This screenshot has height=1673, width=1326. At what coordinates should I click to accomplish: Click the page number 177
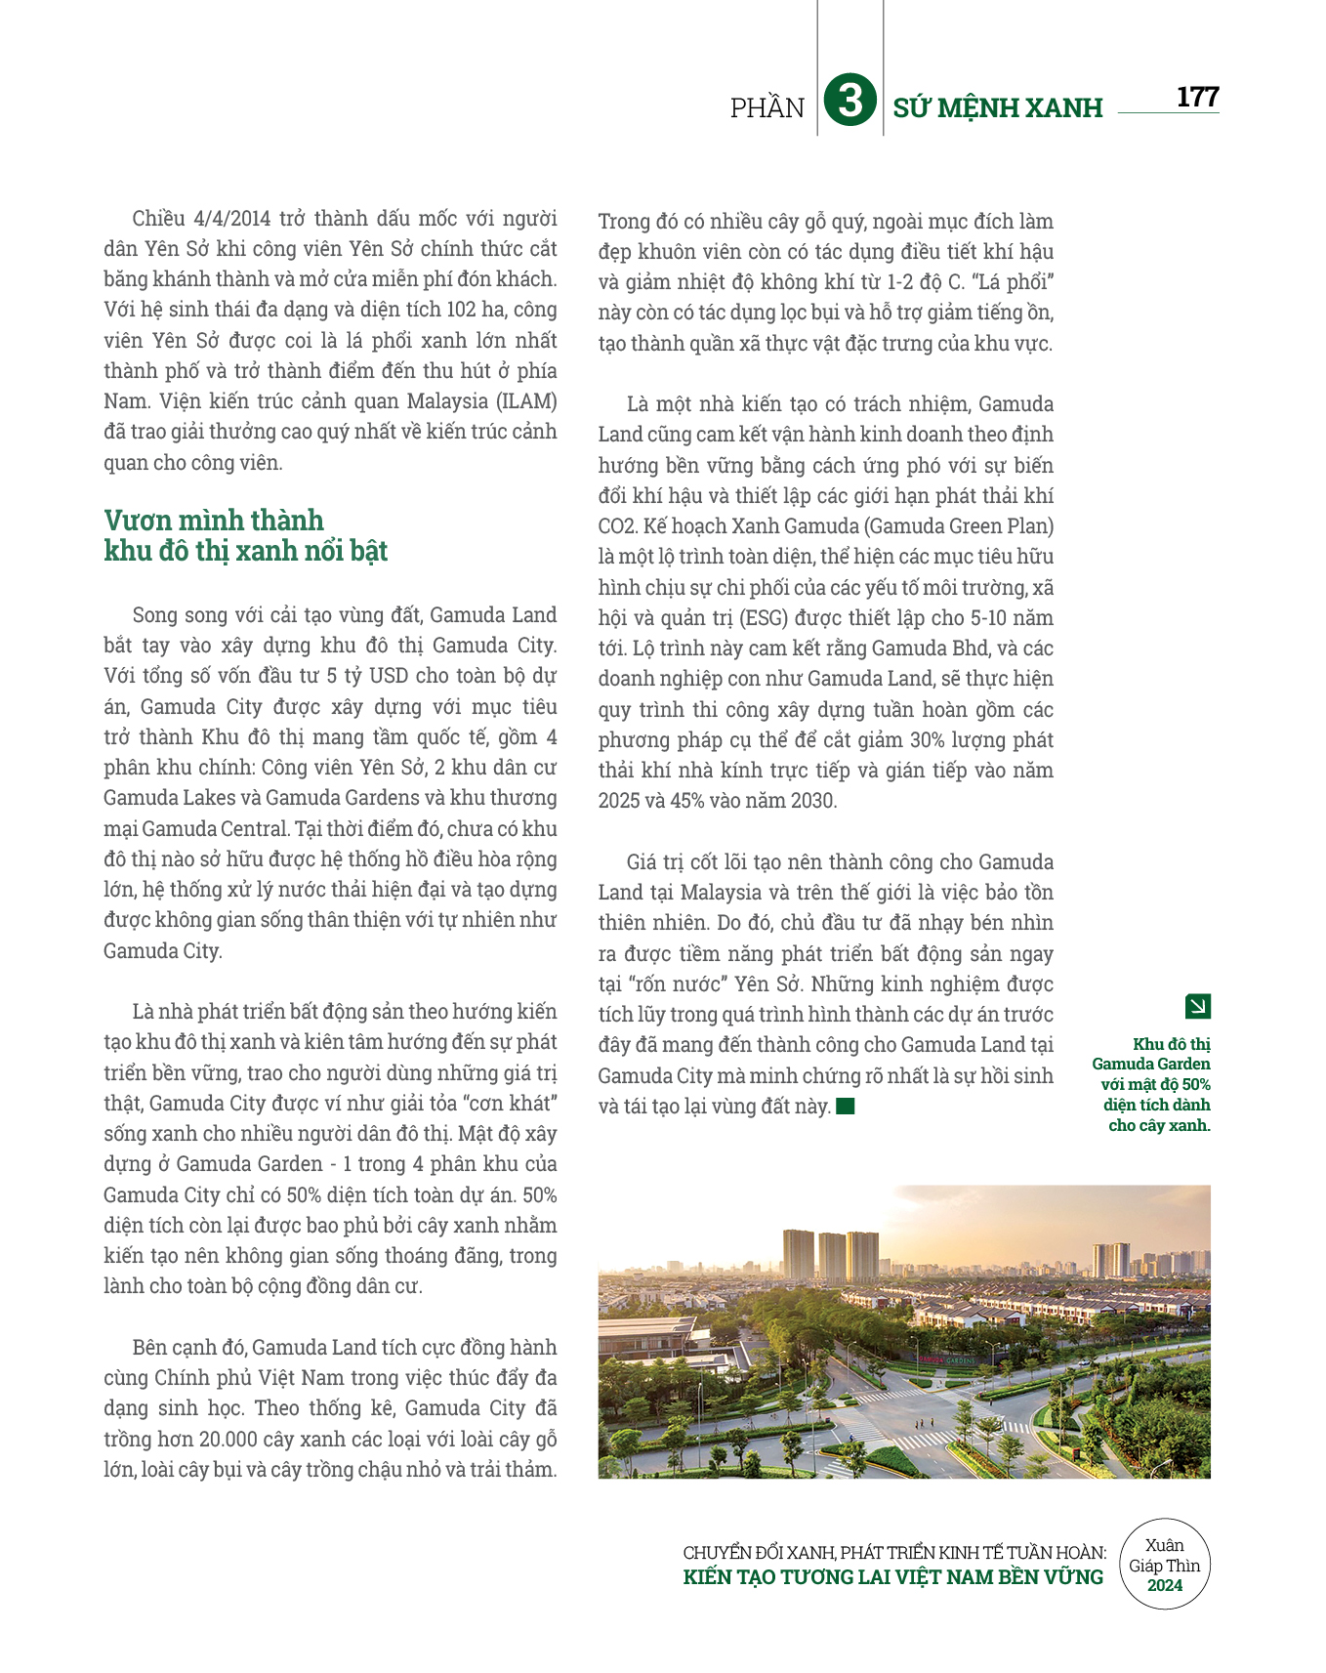pos(1197,98)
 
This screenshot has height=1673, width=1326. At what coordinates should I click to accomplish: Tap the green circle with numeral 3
pos(849,102)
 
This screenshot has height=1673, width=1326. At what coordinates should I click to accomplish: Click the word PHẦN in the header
pos(767,108)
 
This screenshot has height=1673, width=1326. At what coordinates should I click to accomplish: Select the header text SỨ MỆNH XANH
pos(997,108)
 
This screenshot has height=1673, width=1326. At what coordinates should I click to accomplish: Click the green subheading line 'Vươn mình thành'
pos(214,521)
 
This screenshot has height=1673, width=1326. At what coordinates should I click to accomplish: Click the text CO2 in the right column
pos(617,526)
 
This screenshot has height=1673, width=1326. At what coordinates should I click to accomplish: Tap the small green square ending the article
pos(846,1107)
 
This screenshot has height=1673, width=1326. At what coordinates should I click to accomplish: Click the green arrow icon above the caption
pos(1197,1006)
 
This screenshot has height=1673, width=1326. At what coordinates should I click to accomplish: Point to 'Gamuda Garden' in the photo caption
pos(1151,1065)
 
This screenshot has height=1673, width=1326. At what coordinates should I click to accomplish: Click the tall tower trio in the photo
pos(831,1255)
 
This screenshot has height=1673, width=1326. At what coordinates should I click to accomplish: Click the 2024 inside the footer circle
pos(1165,1586)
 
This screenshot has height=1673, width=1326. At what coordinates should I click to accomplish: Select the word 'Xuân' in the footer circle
pos(1164,1545)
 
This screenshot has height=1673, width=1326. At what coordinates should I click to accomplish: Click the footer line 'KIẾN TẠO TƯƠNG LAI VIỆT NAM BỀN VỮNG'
pos(892,1577)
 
